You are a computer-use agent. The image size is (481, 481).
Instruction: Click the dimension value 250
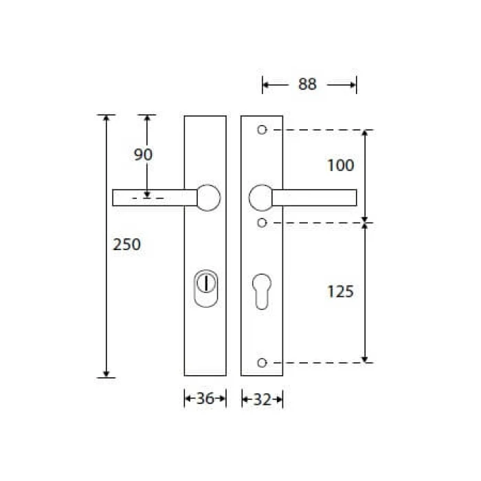pyautogui.click(x=126, y=244)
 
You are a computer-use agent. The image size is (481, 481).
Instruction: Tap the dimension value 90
pyautogui.click(x=143, y=155)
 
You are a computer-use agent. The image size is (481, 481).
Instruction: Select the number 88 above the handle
pyautogui.click(x=307, y=84)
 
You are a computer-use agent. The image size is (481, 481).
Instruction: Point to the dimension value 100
pyautogui.click(x=341, y=165)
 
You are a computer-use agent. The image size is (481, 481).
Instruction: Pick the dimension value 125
pyautogui.click(x=341, y=291)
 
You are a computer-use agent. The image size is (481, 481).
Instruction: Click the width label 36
pyautogui.click(x=205, y=399)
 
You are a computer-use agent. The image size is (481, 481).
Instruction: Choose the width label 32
pyautogui.click(x=262, y=399)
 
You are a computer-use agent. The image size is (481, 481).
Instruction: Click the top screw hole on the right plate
pyautogui.click(x=262, y=130)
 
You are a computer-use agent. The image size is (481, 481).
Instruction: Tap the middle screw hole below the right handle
pyautogui.click(x=262, y=223)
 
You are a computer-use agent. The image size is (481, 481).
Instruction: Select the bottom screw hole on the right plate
pyautogui.click(x=262, y=363)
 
